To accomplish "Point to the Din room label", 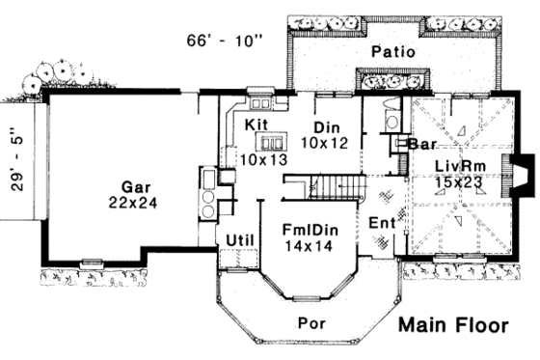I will pyautogui.click(x=328, y=126).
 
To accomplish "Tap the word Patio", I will pyautogui.click(x=392, y=51).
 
